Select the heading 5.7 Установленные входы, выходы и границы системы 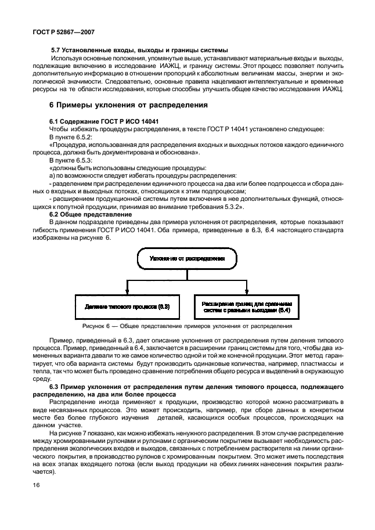click(139, 50)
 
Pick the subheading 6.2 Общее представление click(90, 214)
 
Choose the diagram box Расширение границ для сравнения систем click(247, 306)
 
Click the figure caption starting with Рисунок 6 click(187, 327)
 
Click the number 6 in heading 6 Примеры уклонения click(52, 105)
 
